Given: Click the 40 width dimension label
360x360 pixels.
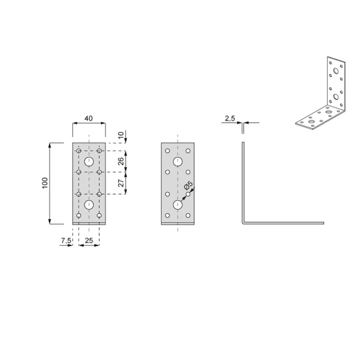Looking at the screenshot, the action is coord(89,118).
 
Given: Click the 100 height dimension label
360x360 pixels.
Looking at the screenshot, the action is coord(45,183).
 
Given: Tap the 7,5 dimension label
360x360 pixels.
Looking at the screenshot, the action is coord(66,240).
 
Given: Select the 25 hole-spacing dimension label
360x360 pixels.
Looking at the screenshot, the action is coord(89,240).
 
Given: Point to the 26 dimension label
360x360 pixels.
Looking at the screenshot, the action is coord(121,161).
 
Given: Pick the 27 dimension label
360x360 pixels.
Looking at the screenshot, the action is coord(121,183).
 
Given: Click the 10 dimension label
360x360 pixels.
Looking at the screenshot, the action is coord(121,135).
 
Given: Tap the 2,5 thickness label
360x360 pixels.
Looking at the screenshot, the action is coord(230,119).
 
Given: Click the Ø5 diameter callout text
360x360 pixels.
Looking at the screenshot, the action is coord(188,185).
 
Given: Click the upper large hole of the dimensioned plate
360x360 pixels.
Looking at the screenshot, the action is coord(89,162).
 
